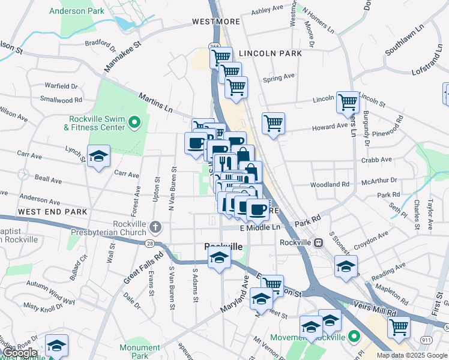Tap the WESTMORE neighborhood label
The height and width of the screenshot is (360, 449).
pyautogui.click(x=215, y=22)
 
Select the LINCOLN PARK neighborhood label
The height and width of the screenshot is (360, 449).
pyautogui.click(x=261, y=53)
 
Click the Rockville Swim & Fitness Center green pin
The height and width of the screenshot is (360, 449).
pyautogui.click(x=134, y=124)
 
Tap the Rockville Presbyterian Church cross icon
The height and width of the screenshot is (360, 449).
pyautogui.click(x=155, y=227)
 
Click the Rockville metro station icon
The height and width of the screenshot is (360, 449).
pyautogui.click(x=319, y=242)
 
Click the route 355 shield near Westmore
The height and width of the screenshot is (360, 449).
pyautogui.click(x=214, y=46)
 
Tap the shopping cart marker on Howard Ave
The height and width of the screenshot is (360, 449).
pyautogui.click(x=273, y=123)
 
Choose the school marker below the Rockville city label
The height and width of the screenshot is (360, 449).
pyautogui.click(x=219, y=259)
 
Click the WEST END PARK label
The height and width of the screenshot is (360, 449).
pyautogui.click(x=53, y=212)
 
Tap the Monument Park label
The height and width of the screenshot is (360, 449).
pyautogui.click(x=139, y=352)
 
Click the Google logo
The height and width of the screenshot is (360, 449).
pyautogui.click(x=19, y=353)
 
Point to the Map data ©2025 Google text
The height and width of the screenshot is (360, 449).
pyautogui.click(x=412, y=355)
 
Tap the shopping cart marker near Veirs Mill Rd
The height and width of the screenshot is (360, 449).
pyautogui.click(x=399, y=328)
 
